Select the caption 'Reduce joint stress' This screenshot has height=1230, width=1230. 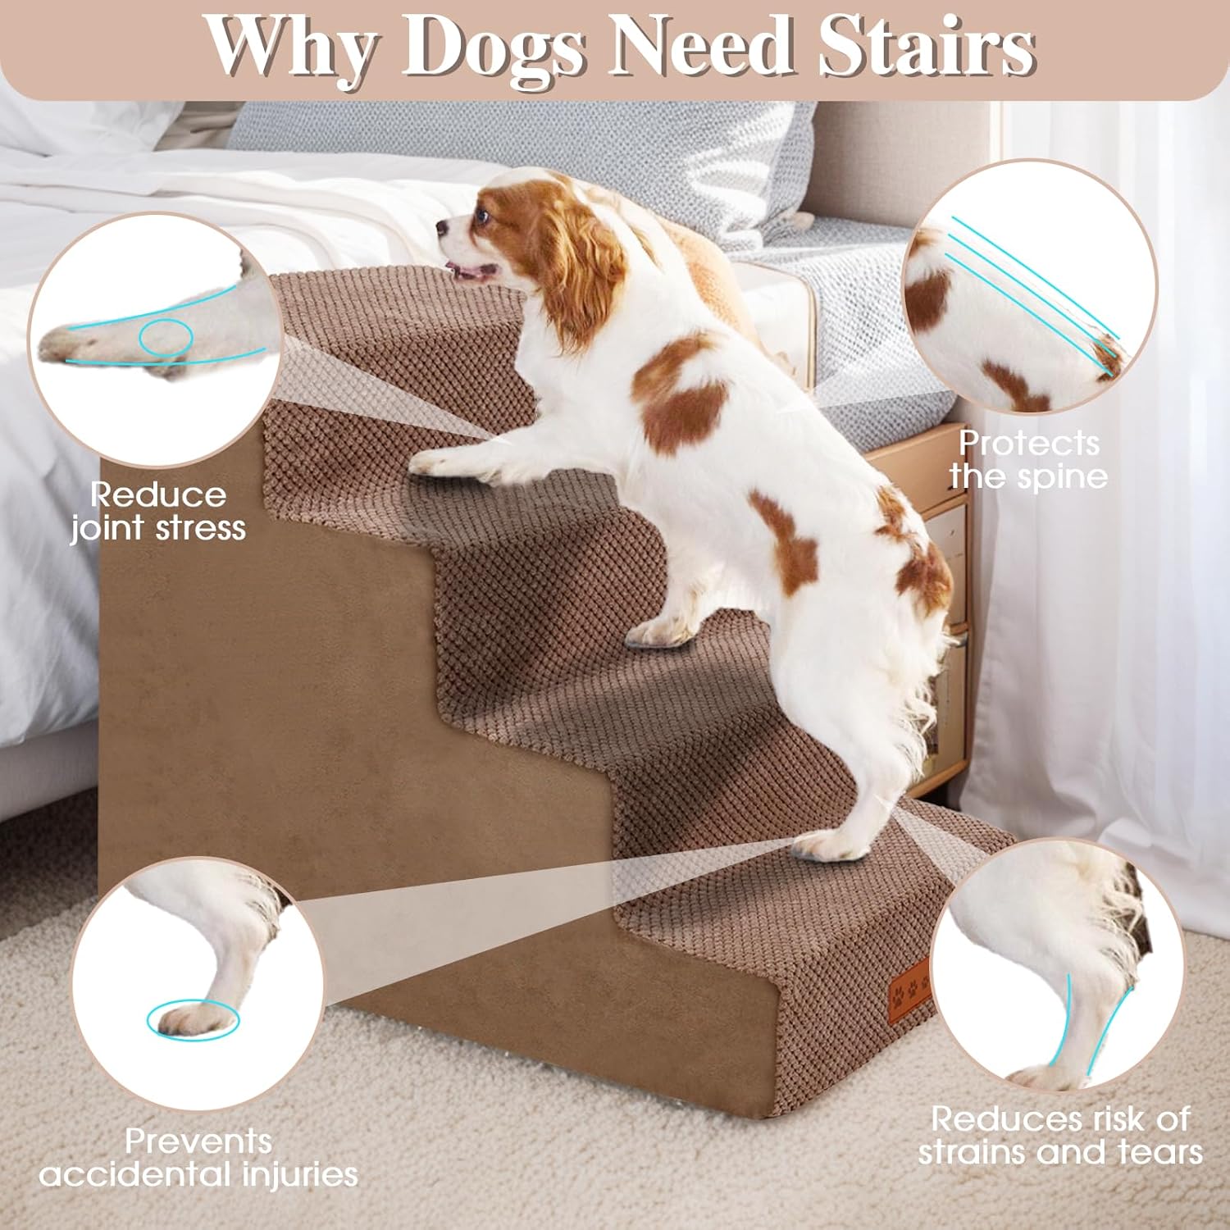pos(157,511)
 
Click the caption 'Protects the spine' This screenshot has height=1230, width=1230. pos(1029,459)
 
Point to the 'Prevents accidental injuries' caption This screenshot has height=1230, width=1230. pos(198,1157)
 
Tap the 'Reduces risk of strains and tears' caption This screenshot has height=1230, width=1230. pos(1060,1135)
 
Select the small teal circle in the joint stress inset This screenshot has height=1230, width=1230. pos(166,336)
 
